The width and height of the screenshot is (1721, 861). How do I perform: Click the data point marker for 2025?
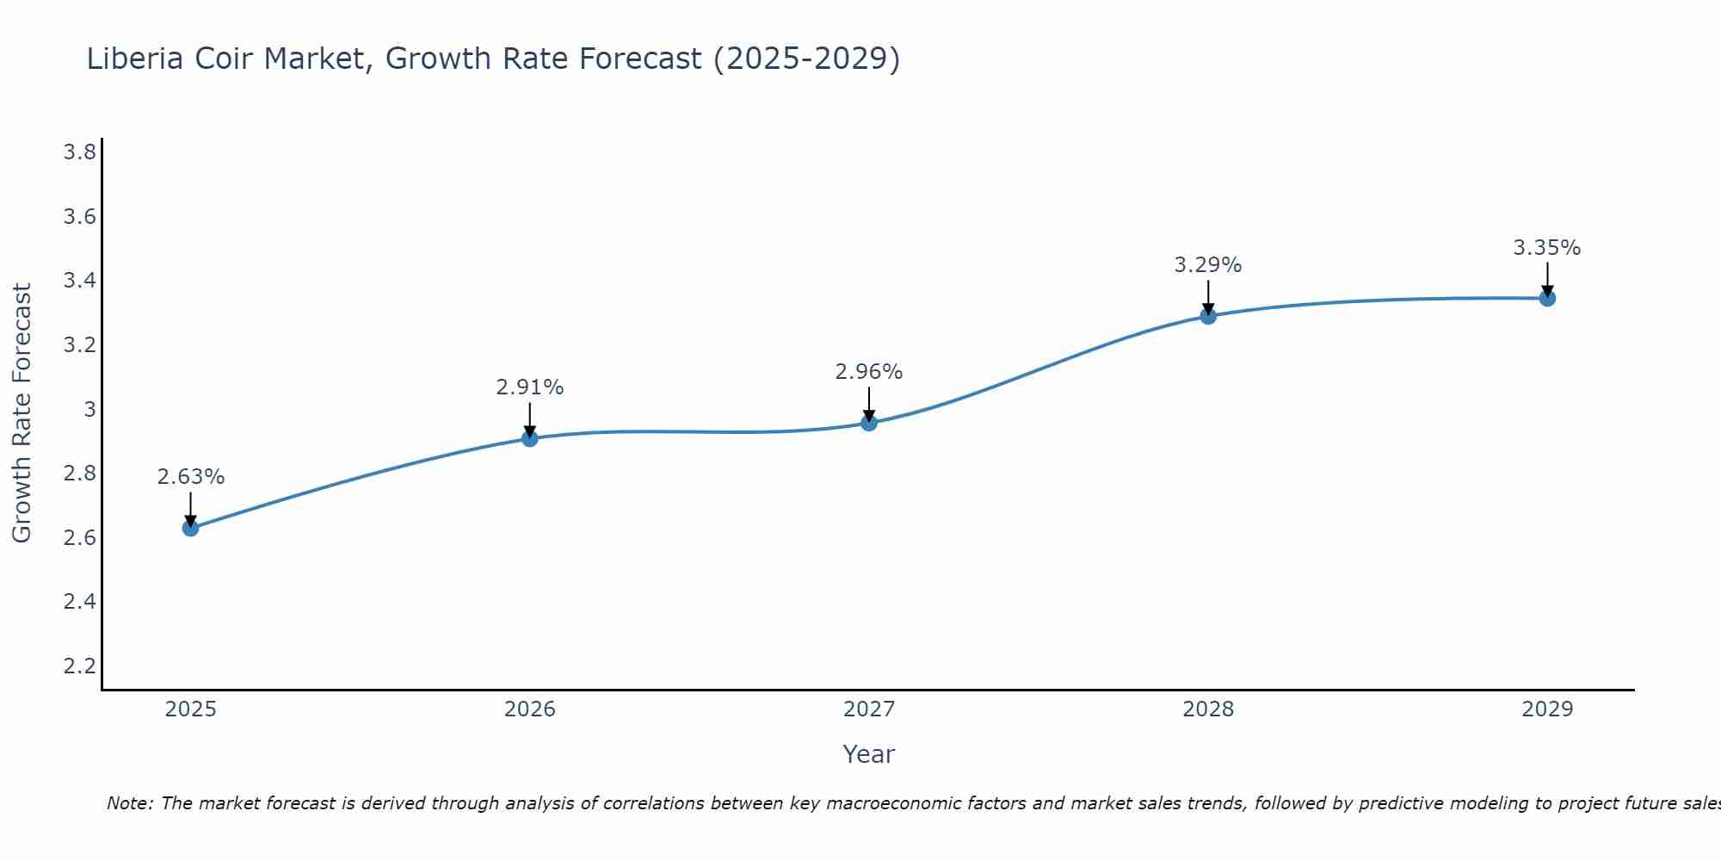(191, 528)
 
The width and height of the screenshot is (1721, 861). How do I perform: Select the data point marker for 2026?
(530, 438)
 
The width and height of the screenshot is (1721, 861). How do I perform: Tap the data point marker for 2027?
(869, 423)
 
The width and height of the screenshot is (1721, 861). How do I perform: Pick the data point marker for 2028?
(1208, 316)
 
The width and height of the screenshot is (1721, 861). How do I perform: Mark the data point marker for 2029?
(1547, 298)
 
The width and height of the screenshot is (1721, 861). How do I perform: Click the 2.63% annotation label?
(191, 477)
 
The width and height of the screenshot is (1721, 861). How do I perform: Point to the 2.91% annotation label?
(530, 387)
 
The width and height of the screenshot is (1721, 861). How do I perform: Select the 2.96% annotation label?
(869, 372)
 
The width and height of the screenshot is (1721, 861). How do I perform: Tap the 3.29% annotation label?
(1208, 265)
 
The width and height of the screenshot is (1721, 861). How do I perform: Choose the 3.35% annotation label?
(1547, 248)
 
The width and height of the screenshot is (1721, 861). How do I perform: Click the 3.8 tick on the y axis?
(79, 152)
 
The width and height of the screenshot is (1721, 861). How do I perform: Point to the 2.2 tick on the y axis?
(79, 666)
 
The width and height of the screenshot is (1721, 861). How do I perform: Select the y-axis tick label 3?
(89, 409)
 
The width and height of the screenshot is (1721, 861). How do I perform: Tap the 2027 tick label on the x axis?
(869, 709)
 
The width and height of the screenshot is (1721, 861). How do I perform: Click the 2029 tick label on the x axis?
(1547, 709)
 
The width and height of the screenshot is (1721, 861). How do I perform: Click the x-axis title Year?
(869, 754)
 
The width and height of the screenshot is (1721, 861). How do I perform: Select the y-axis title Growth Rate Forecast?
(22, 413)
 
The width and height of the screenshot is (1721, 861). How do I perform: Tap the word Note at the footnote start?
(128, 803)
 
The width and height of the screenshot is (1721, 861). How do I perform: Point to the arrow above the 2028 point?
(1208, 296)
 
